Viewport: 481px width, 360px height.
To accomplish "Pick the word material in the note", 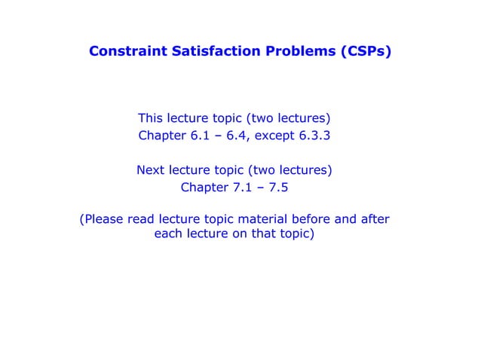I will click(x=266, y=220).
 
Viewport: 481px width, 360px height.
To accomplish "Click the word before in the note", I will click(x=318, y=220).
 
